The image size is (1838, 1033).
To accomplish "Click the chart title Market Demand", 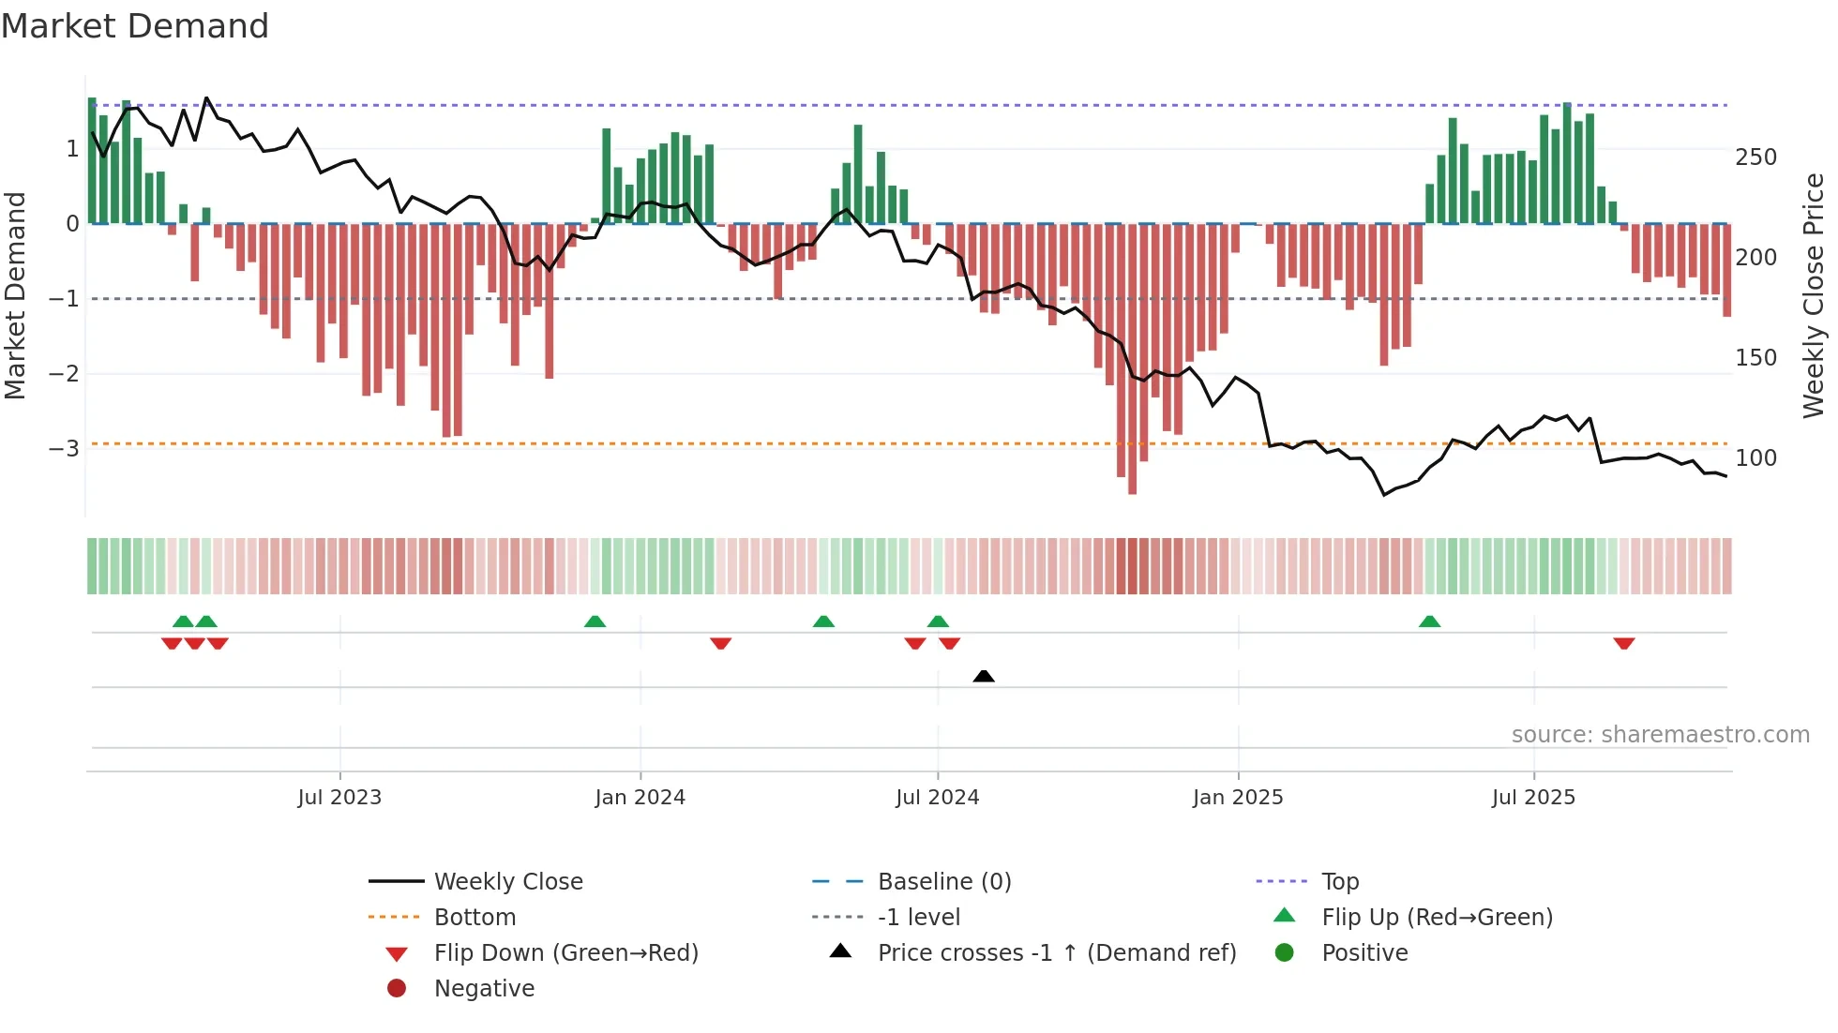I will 135,25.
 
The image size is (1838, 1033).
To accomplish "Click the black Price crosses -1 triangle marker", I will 984,676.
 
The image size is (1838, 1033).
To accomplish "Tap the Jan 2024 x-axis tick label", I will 640,798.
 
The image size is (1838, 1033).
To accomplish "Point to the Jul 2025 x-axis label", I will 1533,798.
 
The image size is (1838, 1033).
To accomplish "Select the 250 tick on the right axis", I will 1755,157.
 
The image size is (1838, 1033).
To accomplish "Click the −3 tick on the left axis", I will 65,448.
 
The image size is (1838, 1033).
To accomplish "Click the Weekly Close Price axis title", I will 1814,295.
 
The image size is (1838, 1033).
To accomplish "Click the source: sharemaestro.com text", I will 1660,735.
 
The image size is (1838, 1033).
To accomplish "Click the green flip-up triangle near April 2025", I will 1429,621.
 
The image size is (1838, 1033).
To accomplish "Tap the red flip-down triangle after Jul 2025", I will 1624,643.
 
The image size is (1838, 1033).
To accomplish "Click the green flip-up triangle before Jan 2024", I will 595,621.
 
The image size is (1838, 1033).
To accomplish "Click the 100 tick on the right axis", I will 1755,457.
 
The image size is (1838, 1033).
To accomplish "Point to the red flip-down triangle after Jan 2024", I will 720,643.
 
